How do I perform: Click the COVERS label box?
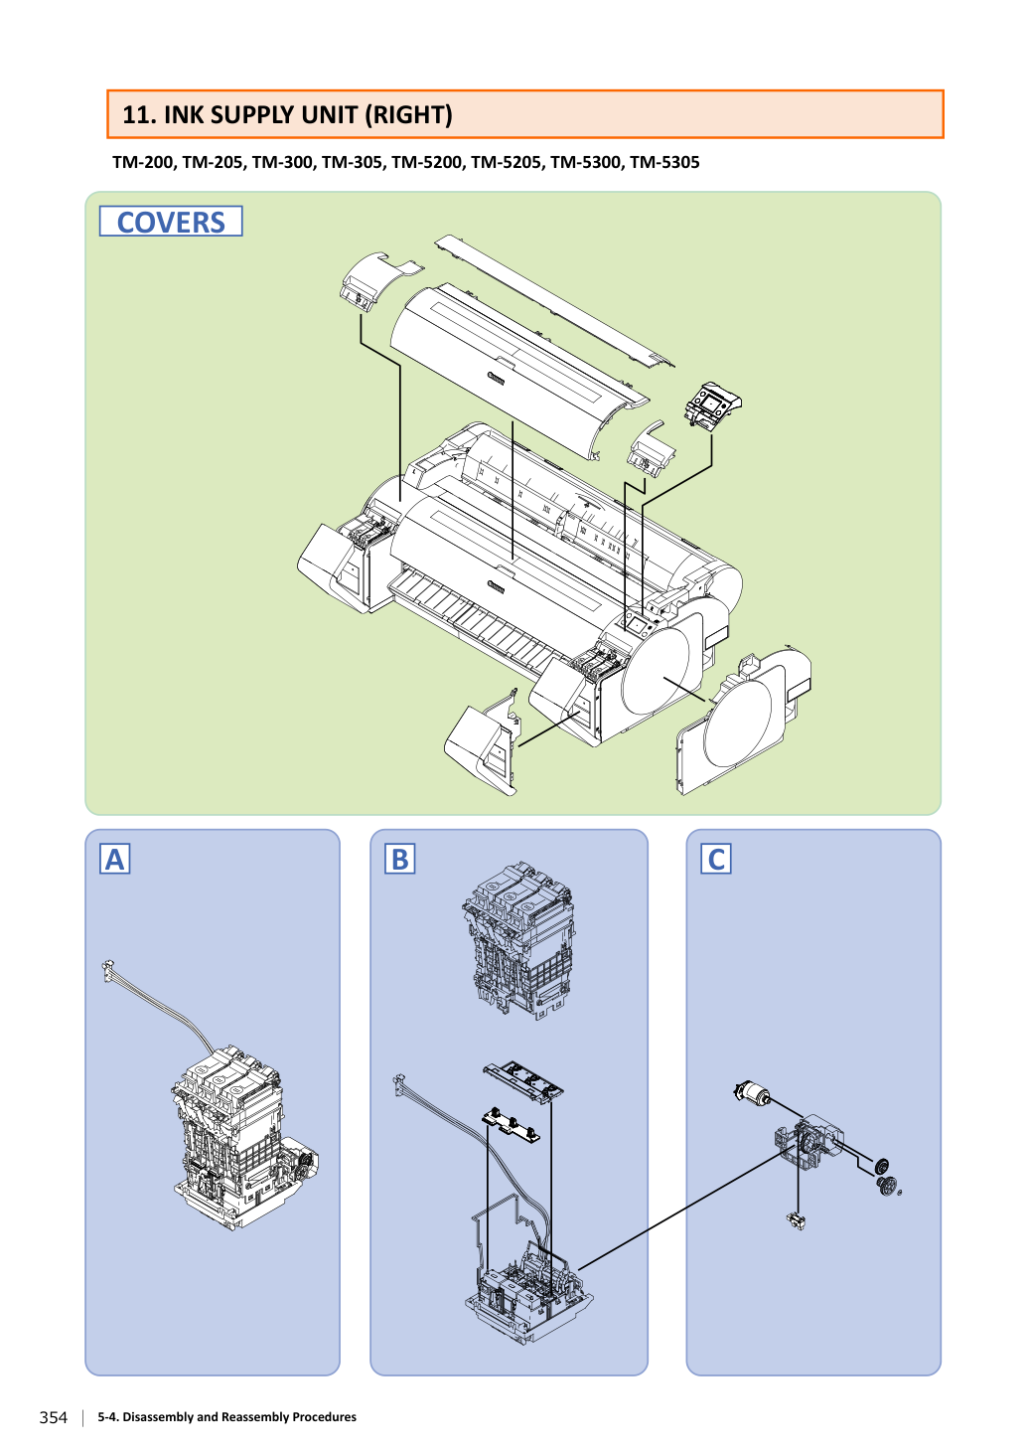[x=171, y=222]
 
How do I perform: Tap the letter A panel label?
[x=115, y=858]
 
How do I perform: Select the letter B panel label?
[x=400, y=858]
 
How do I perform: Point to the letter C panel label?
[x=716, y=858]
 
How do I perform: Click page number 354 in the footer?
[x=54, y=1417]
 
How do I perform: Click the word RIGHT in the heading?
[x=408, y=115]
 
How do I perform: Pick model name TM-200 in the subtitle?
[x=143, y=162]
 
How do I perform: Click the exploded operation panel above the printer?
[x=713, y=405]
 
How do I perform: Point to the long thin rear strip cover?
[x=554, y=300]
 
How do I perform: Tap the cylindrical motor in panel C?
[x=751, y=1092]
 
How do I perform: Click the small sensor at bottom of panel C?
[x=797, y=1220]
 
